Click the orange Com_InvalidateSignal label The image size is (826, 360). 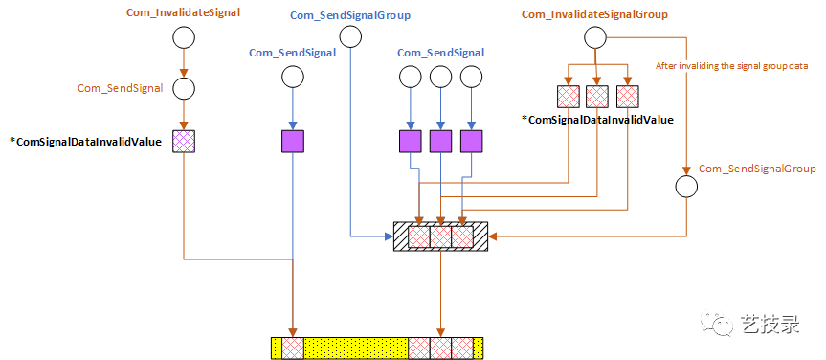click(183, 14)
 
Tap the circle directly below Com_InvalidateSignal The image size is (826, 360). click(183, 37)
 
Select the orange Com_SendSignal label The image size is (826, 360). click(122, 88)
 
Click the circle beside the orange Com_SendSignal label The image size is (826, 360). click(183, 88)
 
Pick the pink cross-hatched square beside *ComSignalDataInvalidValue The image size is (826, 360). click(183, 142)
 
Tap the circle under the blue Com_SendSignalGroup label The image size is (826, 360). click(350, 37)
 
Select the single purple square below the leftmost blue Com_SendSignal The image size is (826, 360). click(292, 142)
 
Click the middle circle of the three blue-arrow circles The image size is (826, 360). click(440, 77)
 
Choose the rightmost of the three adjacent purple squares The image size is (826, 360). click(470, 142)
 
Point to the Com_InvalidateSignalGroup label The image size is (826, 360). click(594, 14)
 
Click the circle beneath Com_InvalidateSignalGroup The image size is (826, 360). click(595, 37)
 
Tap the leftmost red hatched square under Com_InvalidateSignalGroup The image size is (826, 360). click(569, 97)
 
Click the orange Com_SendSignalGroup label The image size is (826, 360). click(757, 168)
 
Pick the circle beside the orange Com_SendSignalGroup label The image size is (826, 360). click(686, 186)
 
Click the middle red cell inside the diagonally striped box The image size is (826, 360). click(440, 236)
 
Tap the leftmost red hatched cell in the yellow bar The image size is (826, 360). click(292, 348)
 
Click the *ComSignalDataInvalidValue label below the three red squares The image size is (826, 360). click(597, 120)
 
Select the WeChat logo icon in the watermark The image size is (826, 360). click(716, 325)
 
